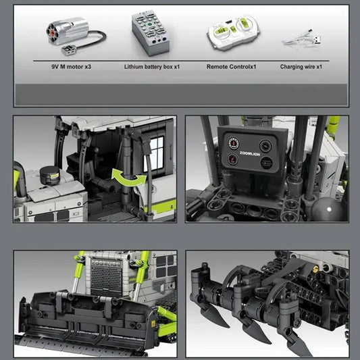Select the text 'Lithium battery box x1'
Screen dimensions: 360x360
pos(152,67)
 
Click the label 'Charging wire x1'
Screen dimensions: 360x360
pos(301,67)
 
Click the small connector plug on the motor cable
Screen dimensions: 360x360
pos(68,50)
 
